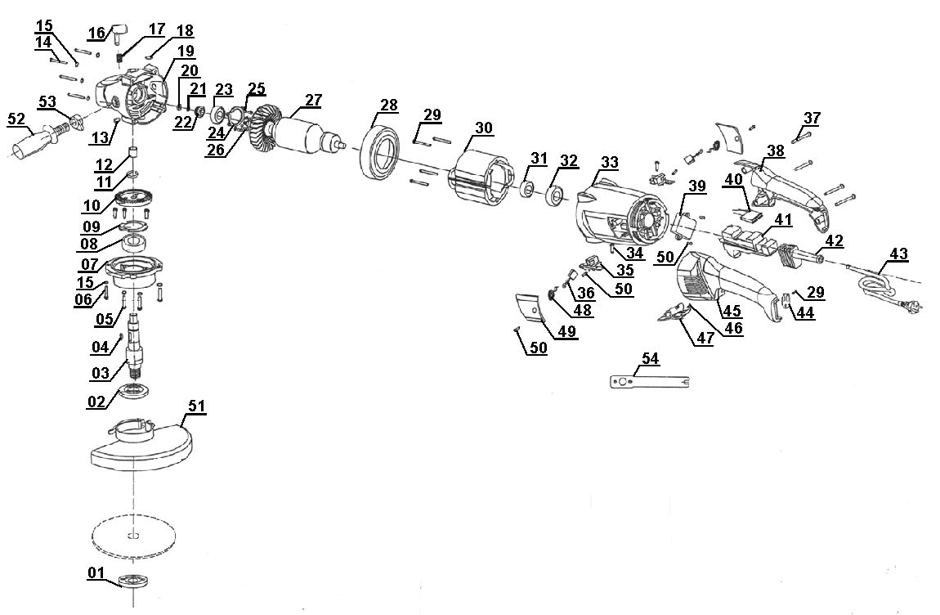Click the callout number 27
click(x=313, y=101)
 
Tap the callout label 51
click(x=198, y=406)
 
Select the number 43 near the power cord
click(x=897, y=254)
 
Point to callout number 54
click(x=651, y=359)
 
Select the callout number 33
click(x=609, y=163)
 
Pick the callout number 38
click(x=776, y=150)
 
